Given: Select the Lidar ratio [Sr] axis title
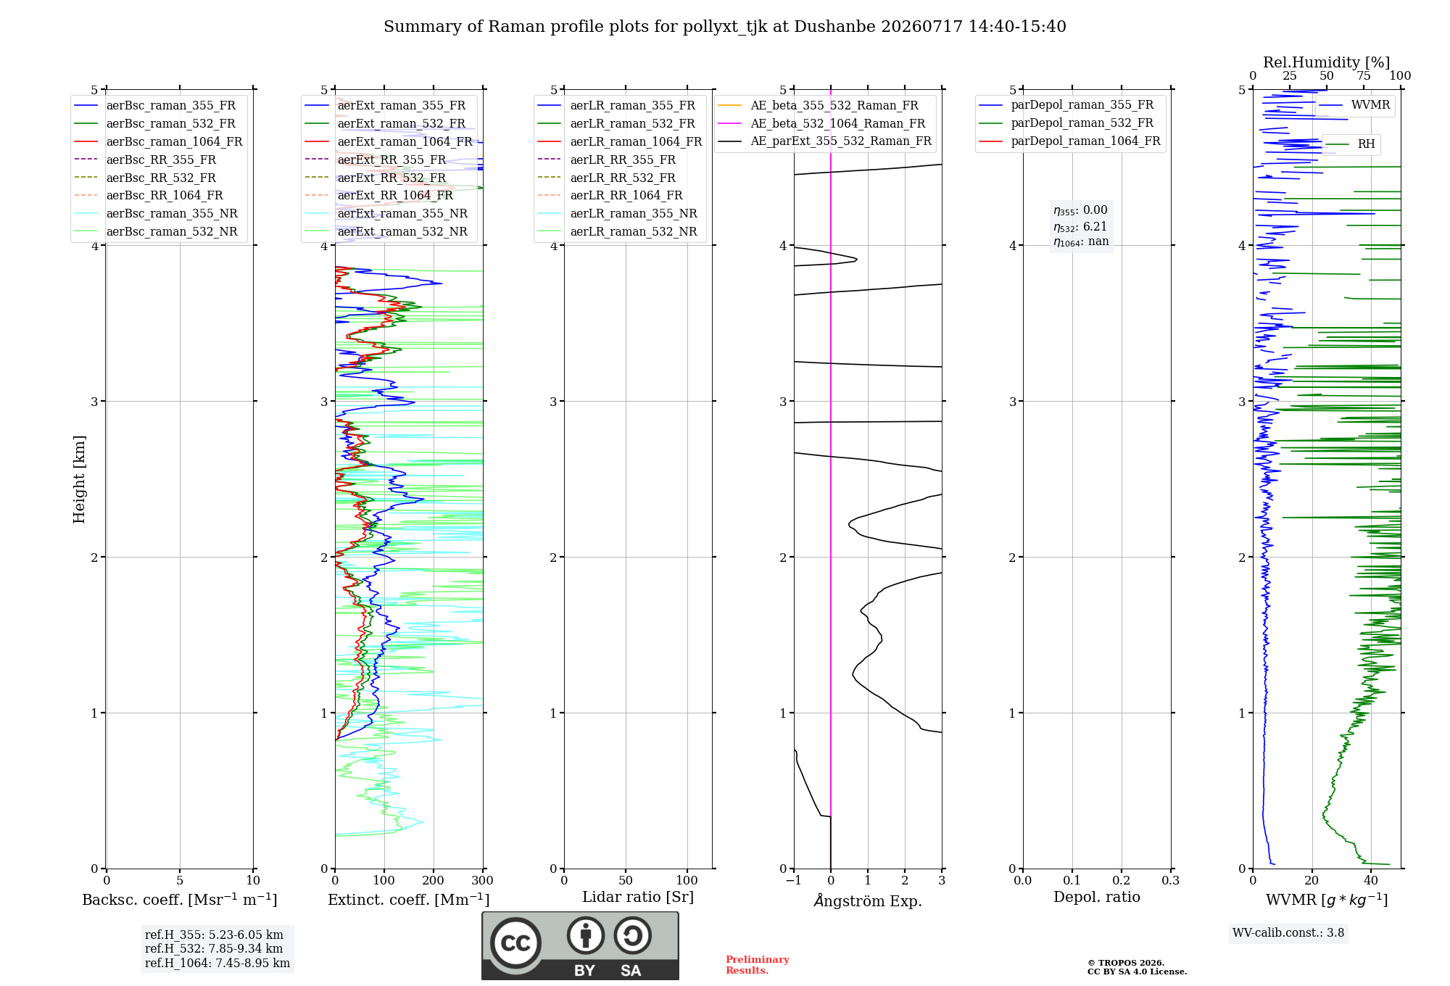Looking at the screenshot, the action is [x=638, y=897].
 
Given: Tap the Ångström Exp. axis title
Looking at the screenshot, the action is [x=868, y=900].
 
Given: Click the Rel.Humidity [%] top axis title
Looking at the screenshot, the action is [x=1327, y=62].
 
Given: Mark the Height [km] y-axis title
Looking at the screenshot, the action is [x=79, y=479].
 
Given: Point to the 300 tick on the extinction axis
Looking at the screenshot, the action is [x=482, y=880].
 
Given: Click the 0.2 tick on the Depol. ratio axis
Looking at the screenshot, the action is [x=1122, y=880].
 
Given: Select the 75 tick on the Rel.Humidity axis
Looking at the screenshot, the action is [x=1364, y=75].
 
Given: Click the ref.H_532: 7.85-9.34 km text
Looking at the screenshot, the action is [x=214, y=948].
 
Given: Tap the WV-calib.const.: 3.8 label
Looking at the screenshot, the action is [x=1288, y=932].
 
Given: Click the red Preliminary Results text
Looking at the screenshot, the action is [x=758, y=965].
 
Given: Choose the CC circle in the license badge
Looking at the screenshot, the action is [x=515, y=943].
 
